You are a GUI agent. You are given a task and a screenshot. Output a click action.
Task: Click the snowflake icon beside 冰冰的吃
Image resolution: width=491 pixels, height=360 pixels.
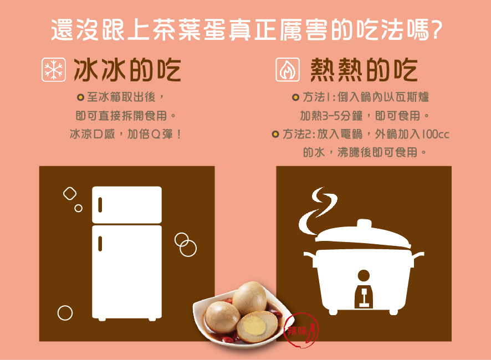[54, 70]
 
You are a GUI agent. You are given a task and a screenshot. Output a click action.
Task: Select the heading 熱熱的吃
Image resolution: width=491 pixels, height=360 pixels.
[364, 70]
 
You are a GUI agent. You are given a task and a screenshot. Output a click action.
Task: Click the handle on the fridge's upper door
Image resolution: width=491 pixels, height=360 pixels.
[100, 204]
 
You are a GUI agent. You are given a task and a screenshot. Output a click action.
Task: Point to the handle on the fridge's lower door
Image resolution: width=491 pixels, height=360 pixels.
[100, 243]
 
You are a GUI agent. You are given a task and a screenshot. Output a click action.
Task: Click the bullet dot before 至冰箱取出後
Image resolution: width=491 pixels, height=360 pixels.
[80, 98]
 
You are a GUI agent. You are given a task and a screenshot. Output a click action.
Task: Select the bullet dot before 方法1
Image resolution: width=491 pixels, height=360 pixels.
[295, 98]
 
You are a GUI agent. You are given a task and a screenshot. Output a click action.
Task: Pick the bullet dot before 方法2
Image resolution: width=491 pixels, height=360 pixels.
[275, 134]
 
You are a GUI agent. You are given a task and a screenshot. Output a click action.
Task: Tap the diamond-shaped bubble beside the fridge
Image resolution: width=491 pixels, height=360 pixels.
[69, 193]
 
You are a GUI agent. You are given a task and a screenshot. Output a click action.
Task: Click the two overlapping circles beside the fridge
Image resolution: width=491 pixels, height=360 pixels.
[186, 244]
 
